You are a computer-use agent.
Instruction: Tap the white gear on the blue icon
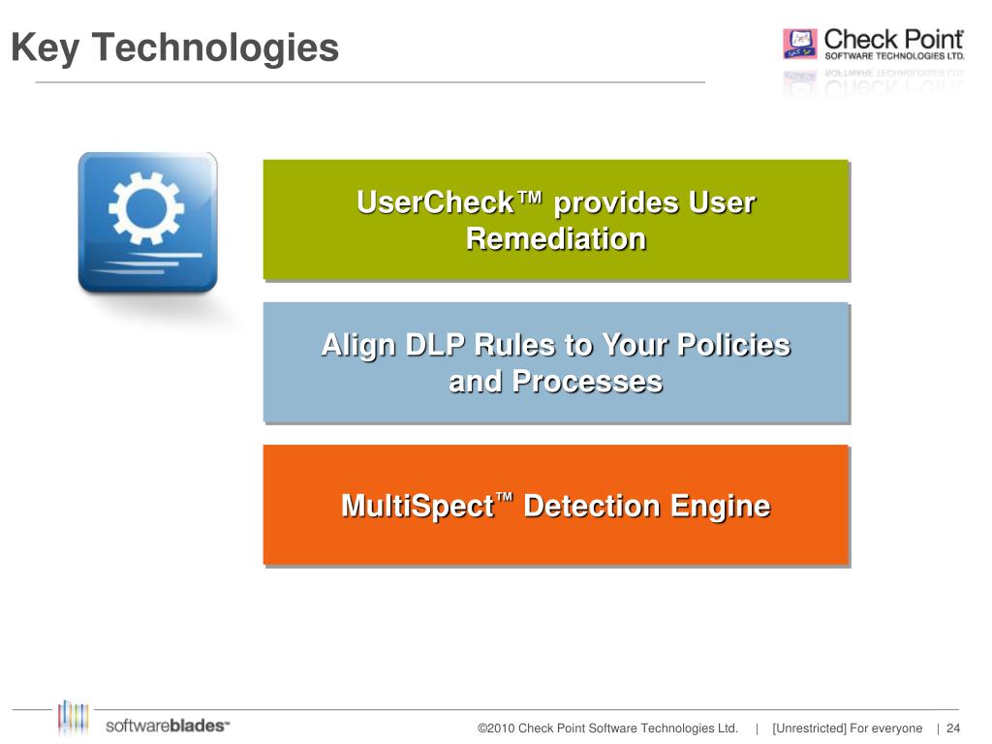[145, 207]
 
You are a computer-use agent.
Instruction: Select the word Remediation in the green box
[556, 238]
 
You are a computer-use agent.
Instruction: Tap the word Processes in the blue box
[587, 382]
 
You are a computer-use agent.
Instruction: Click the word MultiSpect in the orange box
[418, 507]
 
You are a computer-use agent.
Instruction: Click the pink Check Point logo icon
[800, 45]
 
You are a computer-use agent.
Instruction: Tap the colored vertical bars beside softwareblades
[74, 718]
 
